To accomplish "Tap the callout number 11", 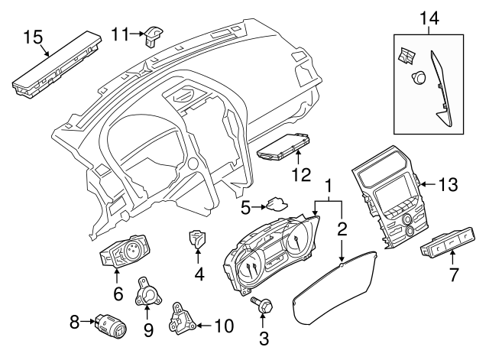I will click(119, 33).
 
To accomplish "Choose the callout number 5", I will click(245, 206).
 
